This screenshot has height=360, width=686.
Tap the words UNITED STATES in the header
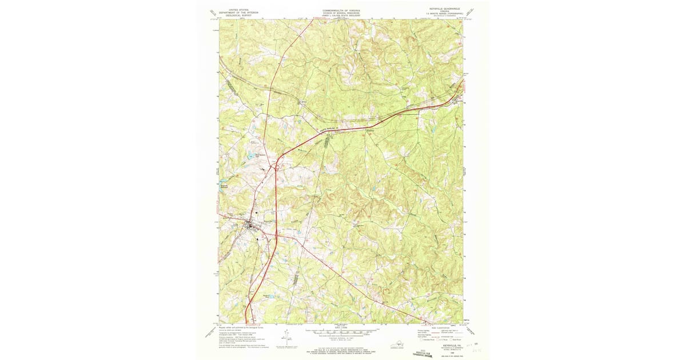(x=239, y=10)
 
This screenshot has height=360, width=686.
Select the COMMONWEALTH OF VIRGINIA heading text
(x=341, y=10)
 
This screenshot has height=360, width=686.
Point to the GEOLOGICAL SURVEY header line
(x=239, y=17)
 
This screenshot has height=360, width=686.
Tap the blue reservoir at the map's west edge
(x=222, y=183)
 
